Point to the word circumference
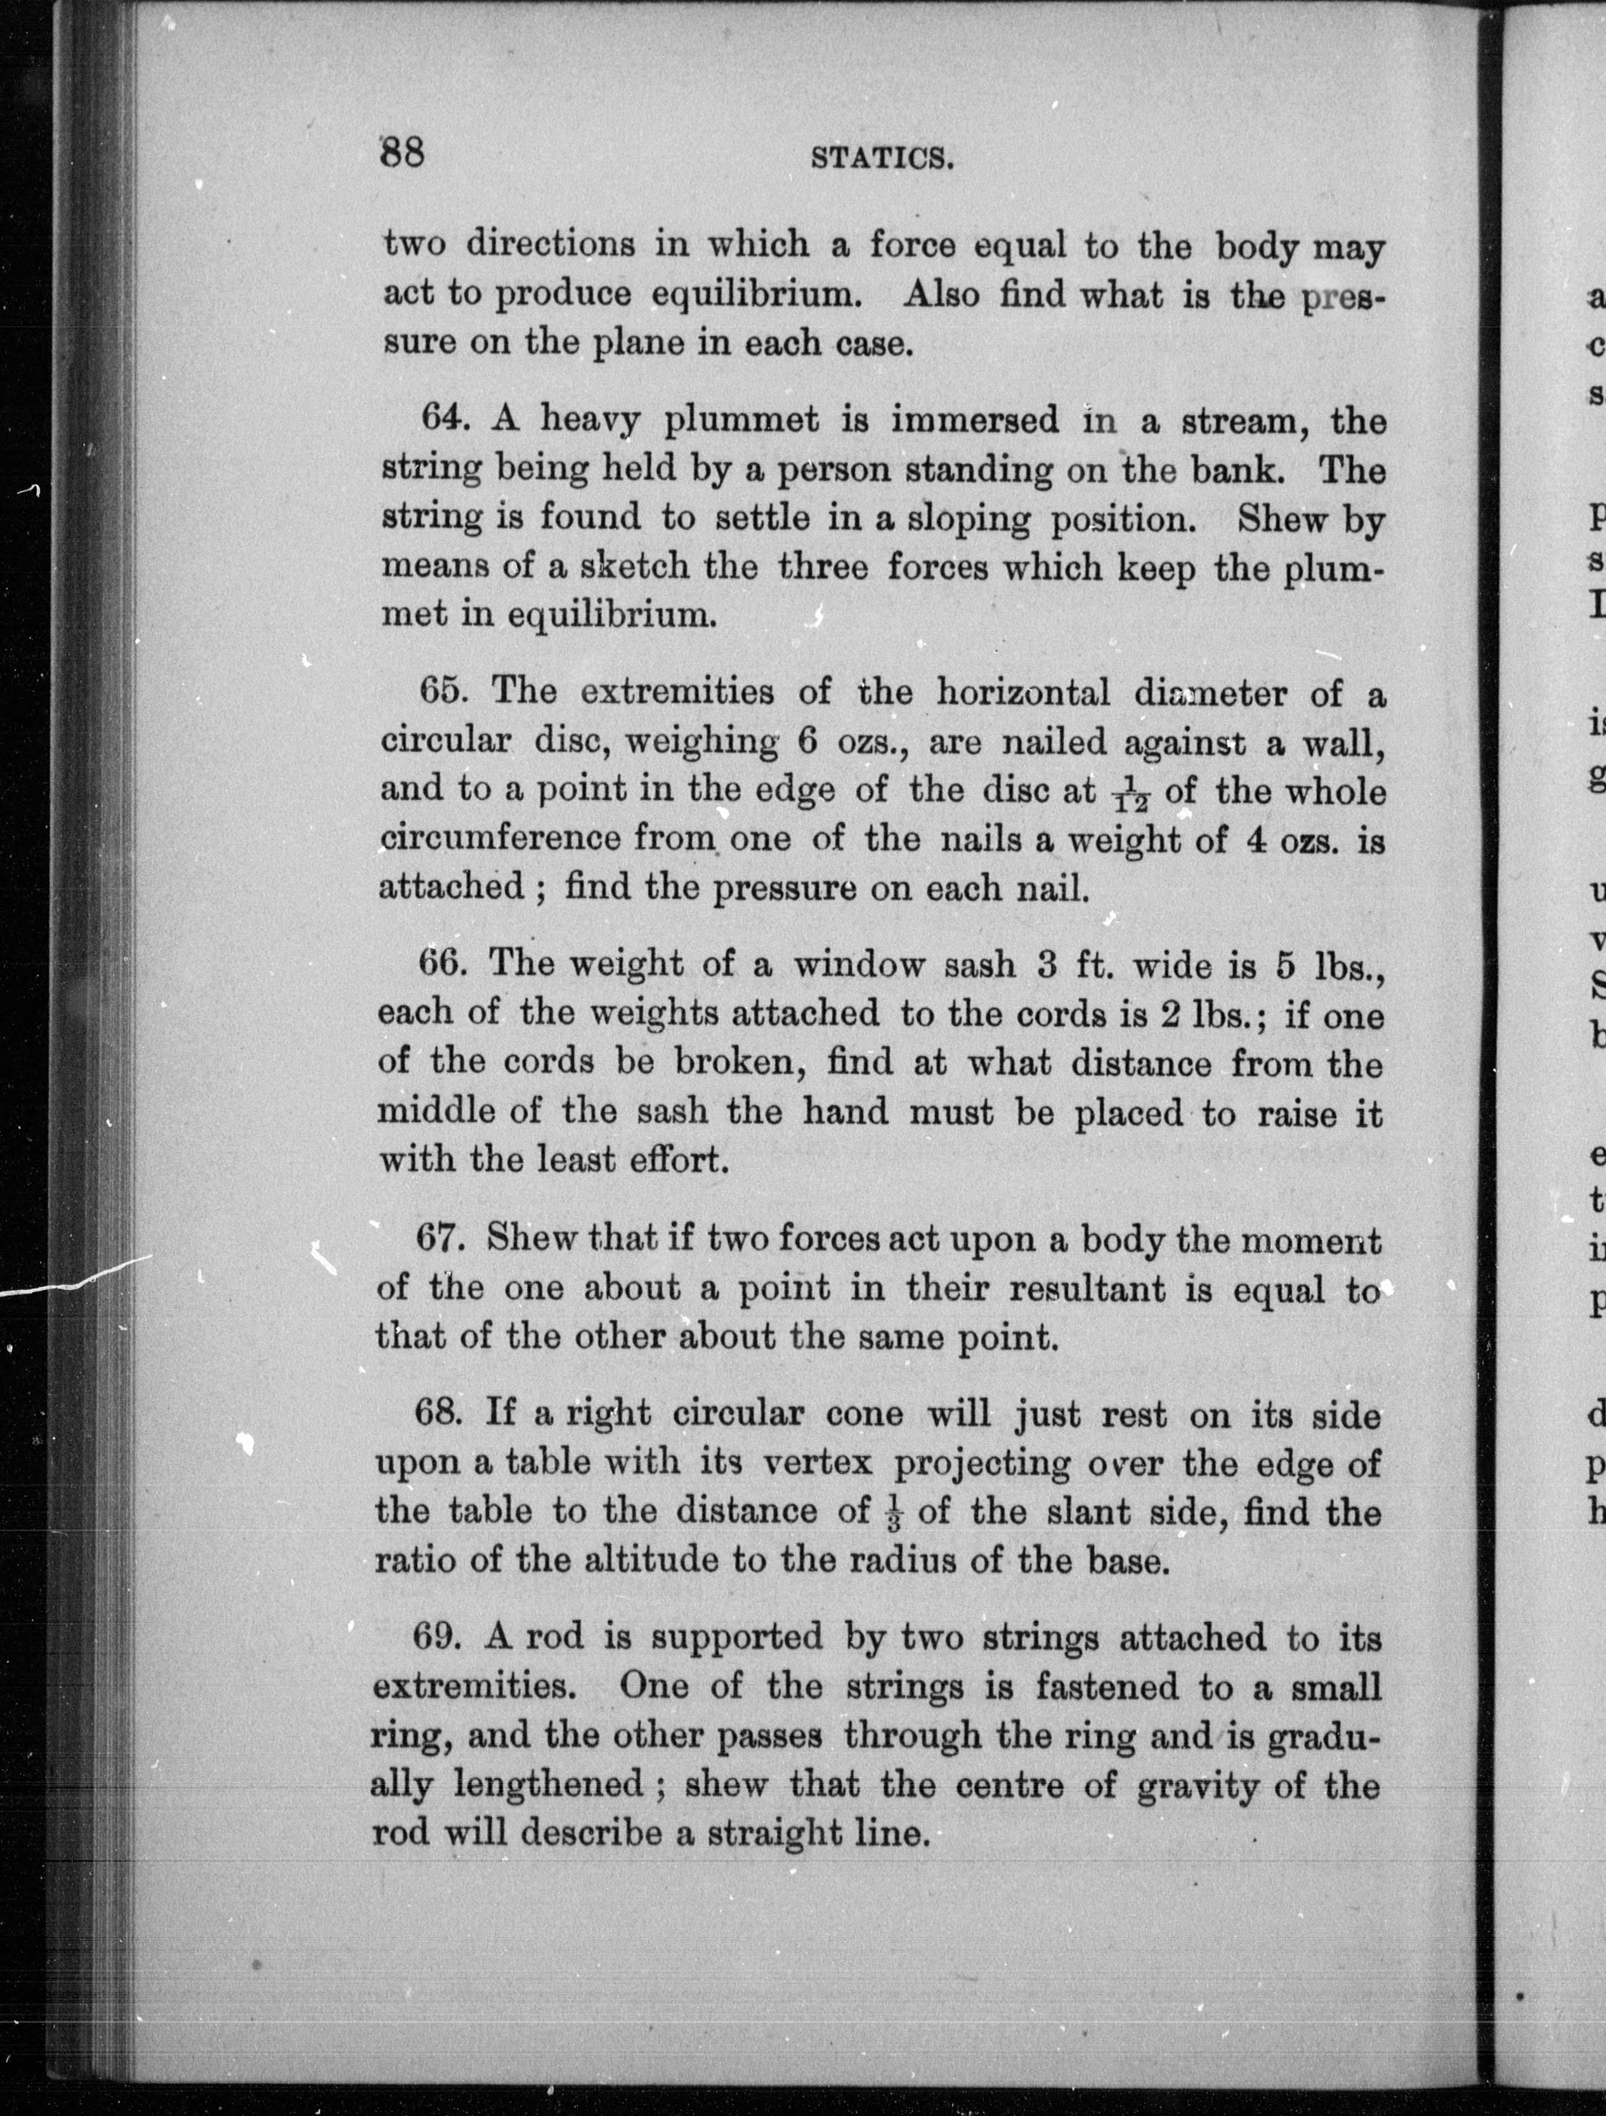(499, 839)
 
